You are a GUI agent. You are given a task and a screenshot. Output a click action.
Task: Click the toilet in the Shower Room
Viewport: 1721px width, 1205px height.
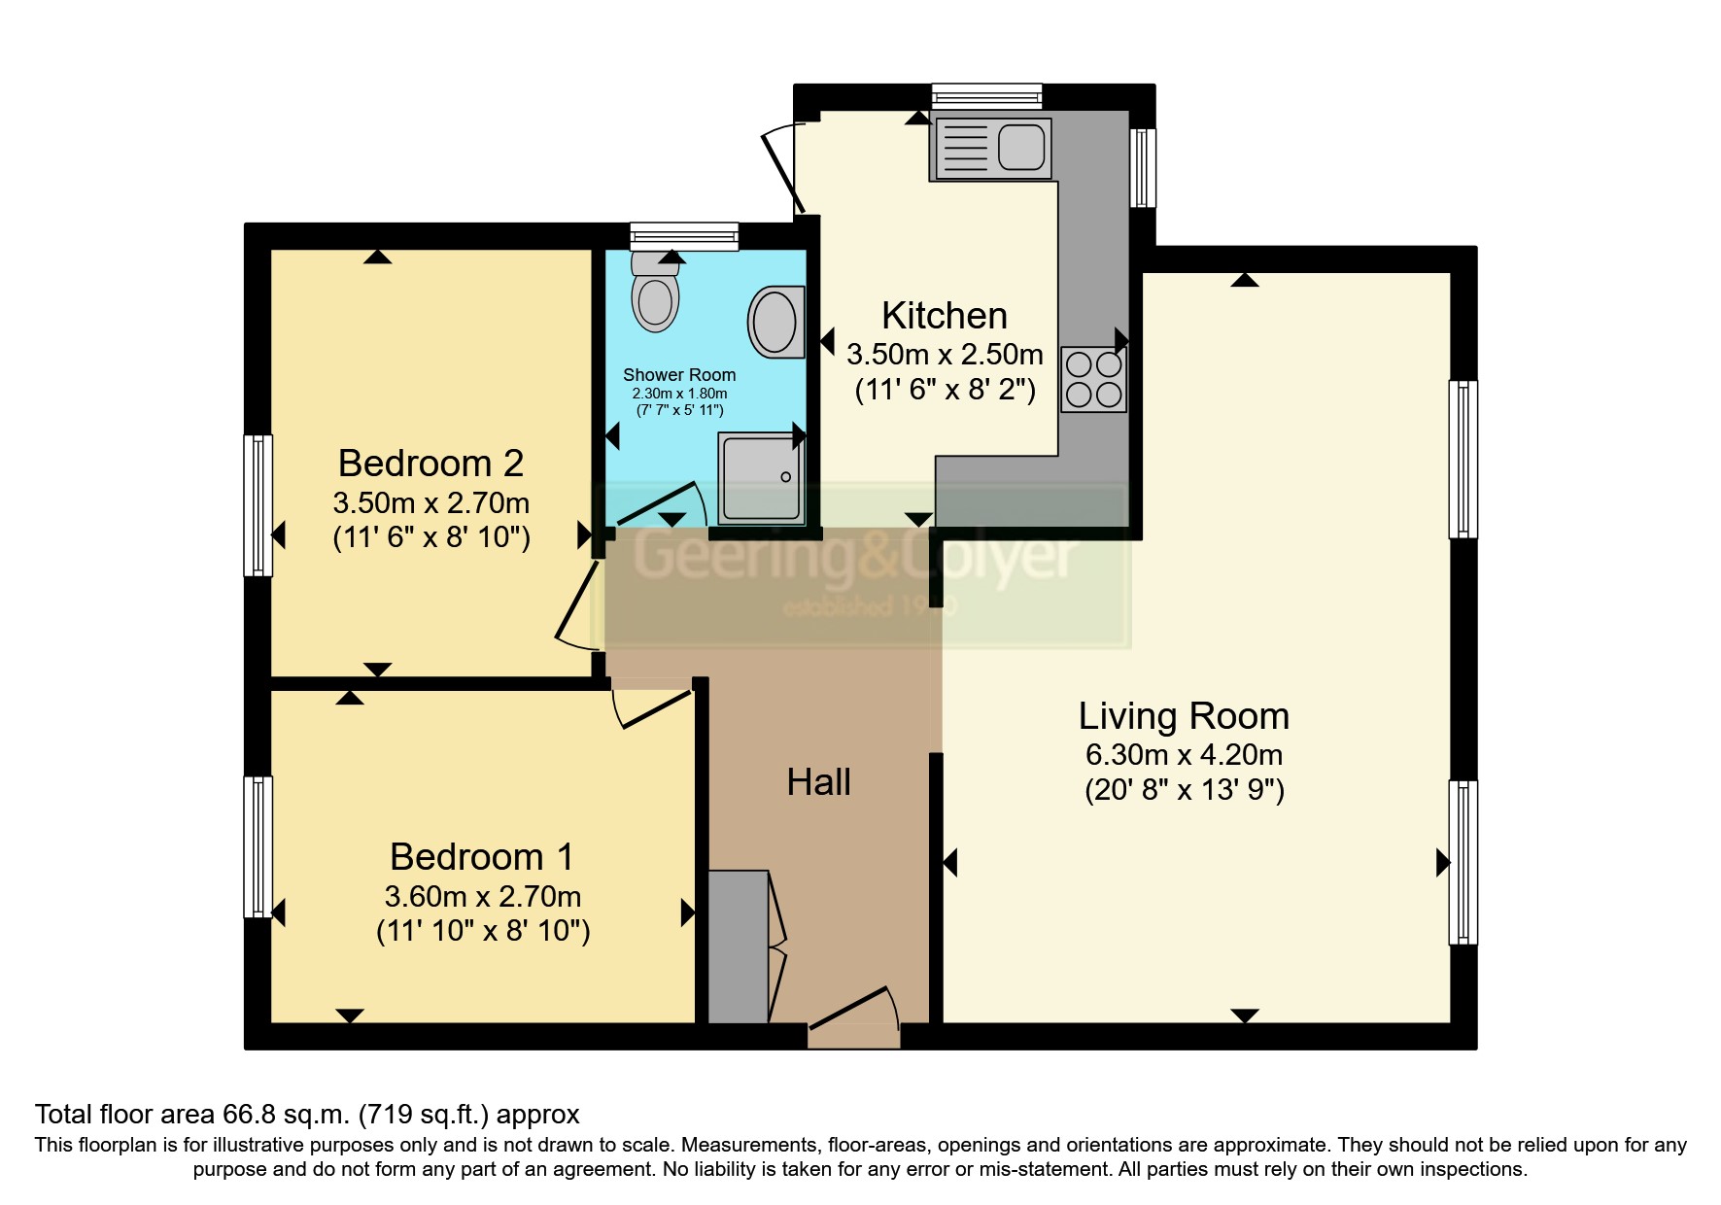pos(655,294)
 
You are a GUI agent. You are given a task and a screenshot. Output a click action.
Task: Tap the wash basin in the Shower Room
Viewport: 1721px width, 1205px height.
pos(776,322)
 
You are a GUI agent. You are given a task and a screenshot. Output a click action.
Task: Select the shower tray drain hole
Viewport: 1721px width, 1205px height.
pos(785,477)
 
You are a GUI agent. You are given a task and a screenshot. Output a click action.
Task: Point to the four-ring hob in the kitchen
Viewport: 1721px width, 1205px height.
pos(1093,379)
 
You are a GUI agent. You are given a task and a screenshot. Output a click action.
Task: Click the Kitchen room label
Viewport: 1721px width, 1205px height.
pos(944,316)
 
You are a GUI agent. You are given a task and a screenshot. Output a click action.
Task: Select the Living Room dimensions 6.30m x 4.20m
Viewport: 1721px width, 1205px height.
pos(1184,754)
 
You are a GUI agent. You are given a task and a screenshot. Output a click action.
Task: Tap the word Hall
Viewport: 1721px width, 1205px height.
pos(818,782)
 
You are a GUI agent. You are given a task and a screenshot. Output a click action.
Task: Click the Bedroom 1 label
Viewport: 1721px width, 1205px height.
pos(481,857)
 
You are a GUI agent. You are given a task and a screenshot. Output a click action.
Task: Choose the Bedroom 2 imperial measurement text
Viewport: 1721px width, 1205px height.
pos(431,536)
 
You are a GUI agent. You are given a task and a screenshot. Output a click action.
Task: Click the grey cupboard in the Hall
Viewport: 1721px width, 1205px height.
pos(738,947)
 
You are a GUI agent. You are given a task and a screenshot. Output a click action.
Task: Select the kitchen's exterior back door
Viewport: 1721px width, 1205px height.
pos(783,170)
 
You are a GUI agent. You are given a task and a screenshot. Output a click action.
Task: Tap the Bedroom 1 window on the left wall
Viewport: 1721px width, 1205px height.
pos(258,845)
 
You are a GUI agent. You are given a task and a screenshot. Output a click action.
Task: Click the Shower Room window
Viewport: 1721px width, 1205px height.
pos(683,235)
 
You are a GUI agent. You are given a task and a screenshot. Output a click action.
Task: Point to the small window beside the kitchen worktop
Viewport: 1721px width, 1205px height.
pos(1144,167)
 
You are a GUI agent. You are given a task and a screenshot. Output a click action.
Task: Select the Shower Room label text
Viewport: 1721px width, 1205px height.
pos(678,375)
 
